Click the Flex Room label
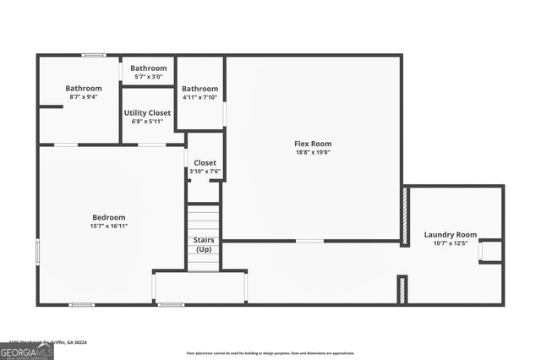click(x=312, y=144)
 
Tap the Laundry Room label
click(x=450, y=234)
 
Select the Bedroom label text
click(x=108, y=217)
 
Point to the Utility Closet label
click(x=147, y=112)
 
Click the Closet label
click(x=205, y=162)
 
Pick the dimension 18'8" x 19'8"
click(x=312, y=153)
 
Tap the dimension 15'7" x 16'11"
click(x=108, y=226)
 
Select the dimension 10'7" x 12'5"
click(x=450, y=243)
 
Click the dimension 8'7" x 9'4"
click(x=83, y=97)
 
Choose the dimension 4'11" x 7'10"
click(x=200, y=97)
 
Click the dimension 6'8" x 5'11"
click(x=147, y=122)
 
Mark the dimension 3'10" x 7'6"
click(x=205, y=172)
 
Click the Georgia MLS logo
click(x=26, y=352)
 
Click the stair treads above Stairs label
click(x=204, y=220)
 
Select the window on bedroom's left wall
click(x=38, y=251)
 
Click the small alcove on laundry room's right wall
click(x=490, y=251)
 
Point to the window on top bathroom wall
click(x=94, y=56)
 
